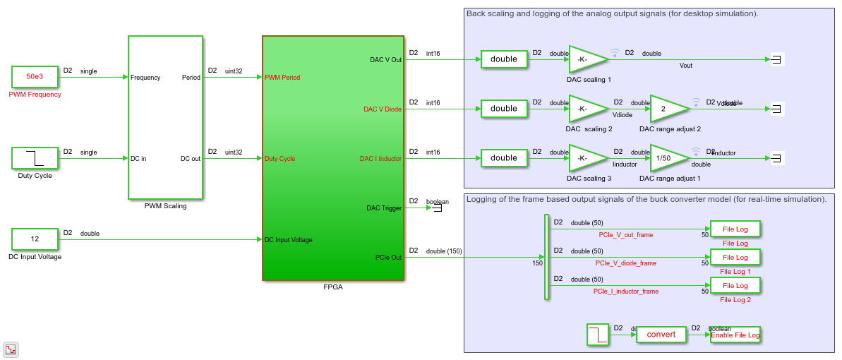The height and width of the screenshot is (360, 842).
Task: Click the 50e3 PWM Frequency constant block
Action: (x=35, y=77)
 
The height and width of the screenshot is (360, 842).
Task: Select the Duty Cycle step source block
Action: (x=35, y=158)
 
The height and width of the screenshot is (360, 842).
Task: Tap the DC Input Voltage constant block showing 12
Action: (x=35, y=239)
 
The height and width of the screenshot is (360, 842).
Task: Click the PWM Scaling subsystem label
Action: (x=165, y=206)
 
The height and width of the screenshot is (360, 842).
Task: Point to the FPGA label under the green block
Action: (x=332, y=287)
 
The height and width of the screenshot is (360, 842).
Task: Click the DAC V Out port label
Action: (x=385, y=60)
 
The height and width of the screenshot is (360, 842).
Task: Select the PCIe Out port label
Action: (x=387, y=258)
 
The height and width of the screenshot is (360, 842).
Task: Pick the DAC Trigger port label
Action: (x=384, y=208)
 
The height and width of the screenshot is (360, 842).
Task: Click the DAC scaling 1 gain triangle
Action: (x=587, y=60)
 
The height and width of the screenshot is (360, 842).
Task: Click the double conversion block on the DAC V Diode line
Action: (x=504, y=109)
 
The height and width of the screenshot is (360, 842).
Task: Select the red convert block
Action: (x=661, y=335)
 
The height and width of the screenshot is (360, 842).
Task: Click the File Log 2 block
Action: (x=735, y=286)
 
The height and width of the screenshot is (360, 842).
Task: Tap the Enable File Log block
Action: (x=735, y=335)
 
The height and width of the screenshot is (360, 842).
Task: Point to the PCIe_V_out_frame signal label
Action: (x=625, y=235)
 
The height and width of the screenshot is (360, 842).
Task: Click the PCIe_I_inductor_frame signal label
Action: (x=625, y=292)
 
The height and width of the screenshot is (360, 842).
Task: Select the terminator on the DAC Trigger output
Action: (x=437, y=208)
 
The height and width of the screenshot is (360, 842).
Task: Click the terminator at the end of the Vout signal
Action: (x=775, y=60)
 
